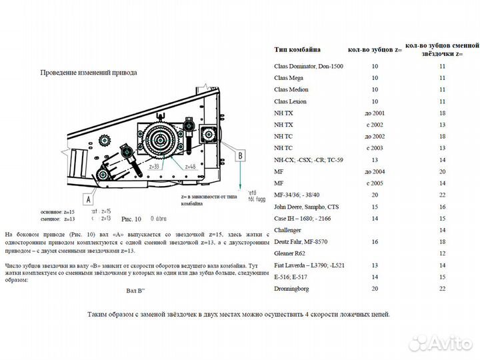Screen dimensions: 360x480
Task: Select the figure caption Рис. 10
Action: coord(131,218)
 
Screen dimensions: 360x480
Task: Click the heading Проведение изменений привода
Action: coord(89,72)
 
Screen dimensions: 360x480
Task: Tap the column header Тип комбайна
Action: coord(297,49)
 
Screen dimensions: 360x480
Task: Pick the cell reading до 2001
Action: coord(375,113)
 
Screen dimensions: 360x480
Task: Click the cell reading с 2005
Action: coord(375,183)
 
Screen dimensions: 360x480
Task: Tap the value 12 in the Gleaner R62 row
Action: coord(442,254)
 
